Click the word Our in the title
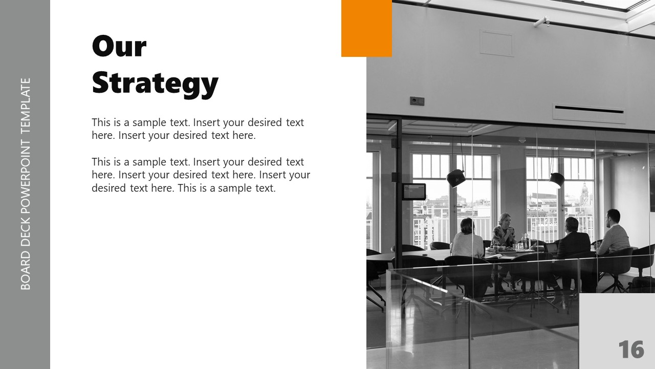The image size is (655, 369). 119,47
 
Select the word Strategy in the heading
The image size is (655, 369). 155,84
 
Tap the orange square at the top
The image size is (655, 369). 366,28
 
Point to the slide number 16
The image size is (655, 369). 631,350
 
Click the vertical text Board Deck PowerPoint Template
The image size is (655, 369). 26,184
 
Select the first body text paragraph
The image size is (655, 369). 198,129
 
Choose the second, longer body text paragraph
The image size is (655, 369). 201,175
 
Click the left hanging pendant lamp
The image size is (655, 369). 455,178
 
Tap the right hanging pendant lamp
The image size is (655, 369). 556,179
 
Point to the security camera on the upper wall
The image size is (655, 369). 541,22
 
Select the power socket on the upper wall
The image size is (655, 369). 417,101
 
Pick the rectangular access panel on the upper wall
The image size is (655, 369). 496,43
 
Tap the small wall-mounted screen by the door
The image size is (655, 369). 414,192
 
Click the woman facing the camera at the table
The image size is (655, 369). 504,231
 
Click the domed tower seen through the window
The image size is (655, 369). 584,192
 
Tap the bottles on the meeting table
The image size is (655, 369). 525,241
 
